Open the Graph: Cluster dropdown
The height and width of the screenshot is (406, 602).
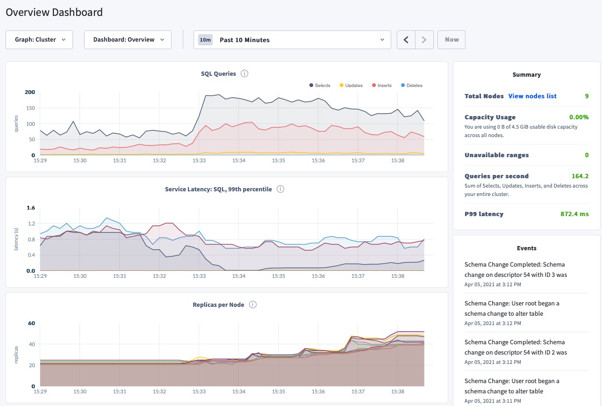[39, 40]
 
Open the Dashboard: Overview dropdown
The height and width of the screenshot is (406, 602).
[128, 40]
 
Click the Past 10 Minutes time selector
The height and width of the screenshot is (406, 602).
[292, 40]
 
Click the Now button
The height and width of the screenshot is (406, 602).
[451, 40]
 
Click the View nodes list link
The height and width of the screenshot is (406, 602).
[532, 96]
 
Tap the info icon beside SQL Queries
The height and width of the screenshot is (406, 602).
[244, 73]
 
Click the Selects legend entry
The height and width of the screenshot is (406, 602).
[320, 86]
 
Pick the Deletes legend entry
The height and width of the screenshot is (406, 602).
[411, 86]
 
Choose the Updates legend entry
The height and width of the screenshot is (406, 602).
[351, 86]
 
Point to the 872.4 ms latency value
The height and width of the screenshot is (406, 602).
[574, 214]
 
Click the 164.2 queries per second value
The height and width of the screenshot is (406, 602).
[580, 176]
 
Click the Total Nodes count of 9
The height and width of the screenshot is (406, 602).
[587, 96]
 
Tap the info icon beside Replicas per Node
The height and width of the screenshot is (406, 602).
[252, 304]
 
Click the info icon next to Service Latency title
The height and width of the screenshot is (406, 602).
[280, 189]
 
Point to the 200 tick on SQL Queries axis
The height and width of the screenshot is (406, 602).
[30, 92]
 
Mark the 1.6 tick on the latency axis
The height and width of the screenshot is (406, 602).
[31, 208]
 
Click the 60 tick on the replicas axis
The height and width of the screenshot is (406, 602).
[32, 323]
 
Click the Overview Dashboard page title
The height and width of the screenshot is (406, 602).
[54, 12]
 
